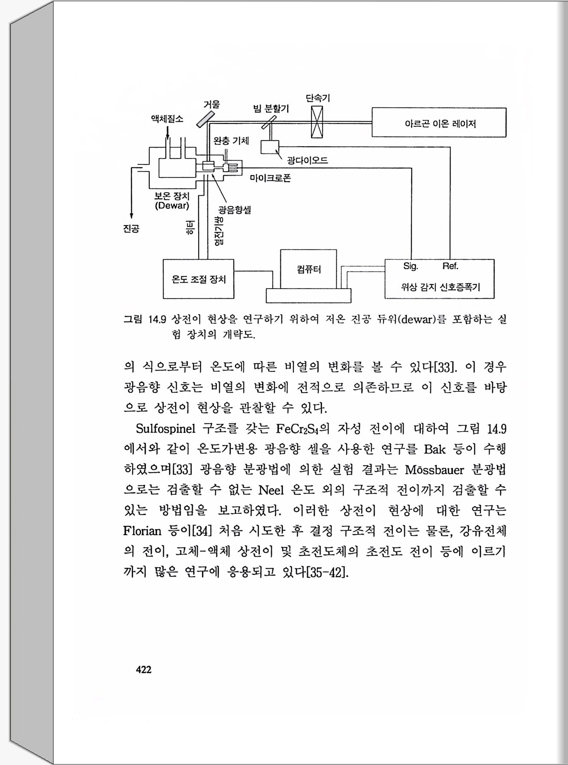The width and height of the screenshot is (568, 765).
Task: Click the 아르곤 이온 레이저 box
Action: coord(439,123)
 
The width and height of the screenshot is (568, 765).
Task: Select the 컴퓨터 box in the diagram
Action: coord(308,269)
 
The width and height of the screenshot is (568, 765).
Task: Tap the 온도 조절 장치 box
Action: coord(199,279)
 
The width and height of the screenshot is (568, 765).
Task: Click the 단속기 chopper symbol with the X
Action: coord(317,122)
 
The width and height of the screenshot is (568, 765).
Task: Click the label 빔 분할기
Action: coord(271,108)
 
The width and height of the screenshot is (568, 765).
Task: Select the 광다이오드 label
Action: coord(307,161)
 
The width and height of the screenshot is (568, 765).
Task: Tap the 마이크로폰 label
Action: coord(270,178)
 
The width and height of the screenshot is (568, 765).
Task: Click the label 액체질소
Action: coord(167,119)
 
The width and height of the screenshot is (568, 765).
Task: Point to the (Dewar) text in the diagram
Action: coord(172,206)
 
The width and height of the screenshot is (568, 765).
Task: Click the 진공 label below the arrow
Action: coord(131,229)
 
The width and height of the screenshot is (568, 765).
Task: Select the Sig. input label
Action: coord(410,266)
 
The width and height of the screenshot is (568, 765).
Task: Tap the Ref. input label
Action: coord(450,266)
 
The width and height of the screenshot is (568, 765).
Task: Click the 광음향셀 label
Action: coord(235,210)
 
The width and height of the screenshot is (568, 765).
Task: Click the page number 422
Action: coord(144,669)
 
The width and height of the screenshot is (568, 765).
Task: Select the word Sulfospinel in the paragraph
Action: coord(165,429)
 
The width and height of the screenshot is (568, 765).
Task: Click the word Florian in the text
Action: coord(142,531)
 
